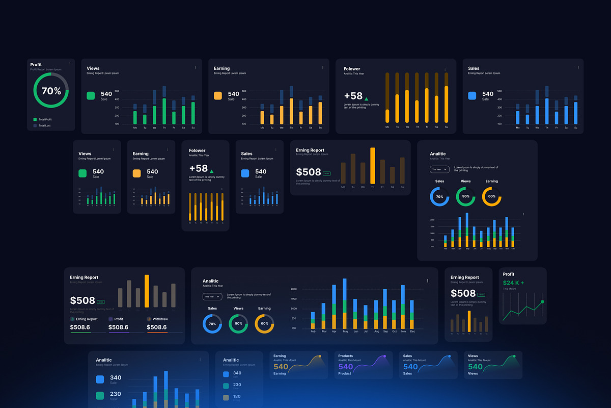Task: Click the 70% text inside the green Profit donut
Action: tap(51, 91)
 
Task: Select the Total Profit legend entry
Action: tap(45, 119)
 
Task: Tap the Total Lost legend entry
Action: tap(44, 125)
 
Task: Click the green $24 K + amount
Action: tap(513, 283)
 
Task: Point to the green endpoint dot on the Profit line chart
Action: tap(542, 302)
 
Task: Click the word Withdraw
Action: tap(160, 319)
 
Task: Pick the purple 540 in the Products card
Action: tap(345, 367)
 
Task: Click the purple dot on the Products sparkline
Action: tap(384, 356)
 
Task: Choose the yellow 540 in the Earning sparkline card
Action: tap(281, 367)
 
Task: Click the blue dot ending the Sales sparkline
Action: tap(449, 356)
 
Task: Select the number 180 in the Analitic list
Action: tap(237, 396)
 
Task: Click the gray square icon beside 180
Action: tap(226, 398)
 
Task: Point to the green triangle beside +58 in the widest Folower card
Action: tap(366, 98)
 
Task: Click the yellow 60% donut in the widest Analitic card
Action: tap(264, 323)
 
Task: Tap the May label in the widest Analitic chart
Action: tap(345, 331)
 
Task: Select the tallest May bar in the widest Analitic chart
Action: tap(345, 303)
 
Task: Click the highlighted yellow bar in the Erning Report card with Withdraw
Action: tap(147, 291)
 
